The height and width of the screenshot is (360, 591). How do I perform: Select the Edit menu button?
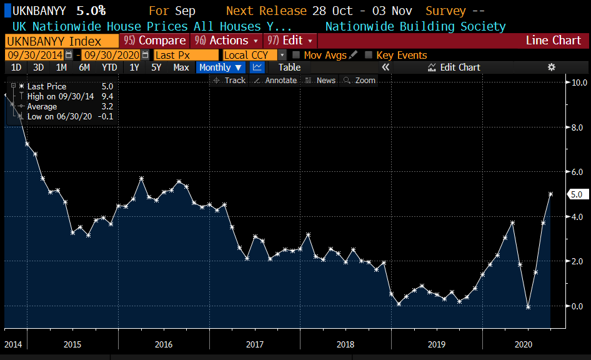click(291, 41)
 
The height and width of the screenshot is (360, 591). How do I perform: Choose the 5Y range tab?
click(156, 67)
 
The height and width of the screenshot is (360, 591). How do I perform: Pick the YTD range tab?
click(109, 67)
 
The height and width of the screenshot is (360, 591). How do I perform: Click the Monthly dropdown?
click(221, 67)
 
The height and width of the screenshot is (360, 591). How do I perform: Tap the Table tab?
click(289, 67)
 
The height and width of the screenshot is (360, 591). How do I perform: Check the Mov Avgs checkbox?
click(296, 55)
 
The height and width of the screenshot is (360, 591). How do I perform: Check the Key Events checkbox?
click(369, 55)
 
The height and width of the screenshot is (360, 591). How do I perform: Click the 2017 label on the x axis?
click(255, 344)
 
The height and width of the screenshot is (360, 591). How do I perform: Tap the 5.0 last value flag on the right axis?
click(577, 194)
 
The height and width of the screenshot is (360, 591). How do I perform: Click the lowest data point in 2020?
click(528, 307)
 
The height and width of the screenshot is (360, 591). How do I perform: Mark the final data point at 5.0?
click(550, 194)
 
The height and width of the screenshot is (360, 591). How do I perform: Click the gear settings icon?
click(551, 67)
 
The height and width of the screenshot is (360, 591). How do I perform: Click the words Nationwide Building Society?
click(415, 27)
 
